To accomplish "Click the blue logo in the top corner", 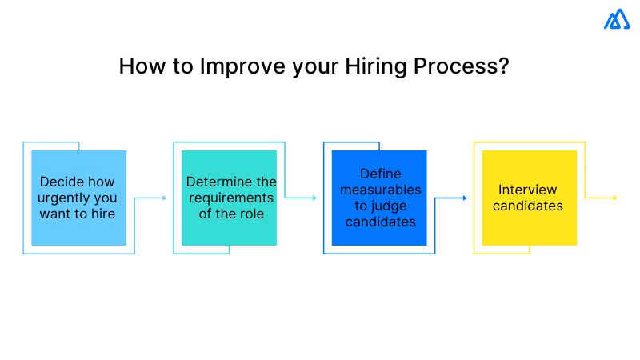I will [x=617, y=19].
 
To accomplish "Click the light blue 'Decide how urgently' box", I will [x=79, y=198].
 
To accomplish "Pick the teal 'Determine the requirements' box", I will [x=230, y=198].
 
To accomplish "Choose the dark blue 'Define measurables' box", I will [x=380, y=198].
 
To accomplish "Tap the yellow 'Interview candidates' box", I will [x=529, y=198].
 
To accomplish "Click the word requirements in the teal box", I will [x=230, y=198].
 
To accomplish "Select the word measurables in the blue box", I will [x=380, y=190].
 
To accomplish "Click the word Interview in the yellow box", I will [x=528, y=190].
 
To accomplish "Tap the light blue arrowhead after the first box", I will [x=165, y=198].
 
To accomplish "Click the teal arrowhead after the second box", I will [x=315, y=198].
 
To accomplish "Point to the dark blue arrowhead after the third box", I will [x=465, y=198].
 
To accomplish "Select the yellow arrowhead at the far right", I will [x=614, y=198].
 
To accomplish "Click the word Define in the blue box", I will [x=380, y=174].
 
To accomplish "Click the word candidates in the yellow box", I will [x=528, y=206].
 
